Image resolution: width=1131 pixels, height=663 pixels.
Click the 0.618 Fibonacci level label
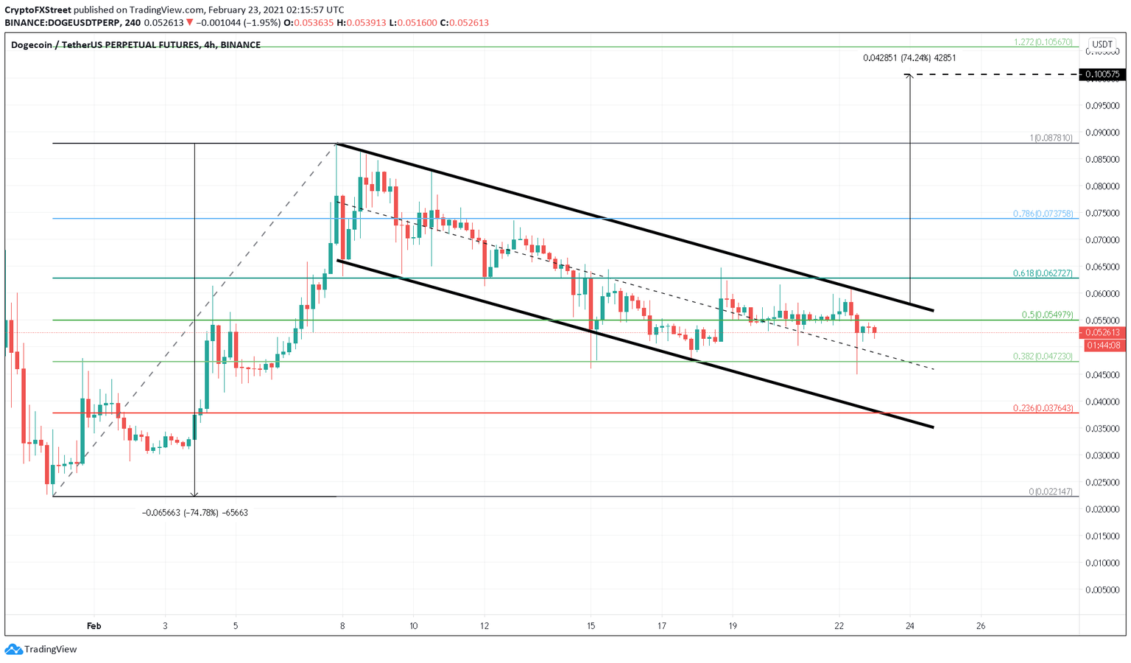[1042, 273]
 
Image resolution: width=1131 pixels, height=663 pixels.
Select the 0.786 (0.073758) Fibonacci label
[1042, 214]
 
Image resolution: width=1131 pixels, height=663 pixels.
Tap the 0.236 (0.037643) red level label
[1042, 408]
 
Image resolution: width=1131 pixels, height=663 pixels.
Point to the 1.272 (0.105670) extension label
[1043, 42]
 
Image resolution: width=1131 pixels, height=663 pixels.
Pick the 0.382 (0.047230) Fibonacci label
[1042, 357]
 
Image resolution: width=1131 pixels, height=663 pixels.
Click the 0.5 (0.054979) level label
[1046, 315]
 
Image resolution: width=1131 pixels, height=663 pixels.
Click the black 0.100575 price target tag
[1102, 74]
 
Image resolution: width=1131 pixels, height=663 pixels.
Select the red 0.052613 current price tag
[1102, 332]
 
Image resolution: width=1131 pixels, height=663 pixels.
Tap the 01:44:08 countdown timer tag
[1102, 345]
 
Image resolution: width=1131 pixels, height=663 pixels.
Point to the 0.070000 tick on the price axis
[1102, 240]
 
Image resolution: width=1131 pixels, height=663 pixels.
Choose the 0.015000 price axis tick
[1102, 536]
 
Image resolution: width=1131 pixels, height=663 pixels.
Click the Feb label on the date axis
[94, 626]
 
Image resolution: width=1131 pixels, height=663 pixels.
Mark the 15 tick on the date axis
[591, 626]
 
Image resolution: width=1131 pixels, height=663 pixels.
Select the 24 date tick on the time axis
[910, 626]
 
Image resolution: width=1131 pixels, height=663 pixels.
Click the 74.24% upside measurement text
[909, 57]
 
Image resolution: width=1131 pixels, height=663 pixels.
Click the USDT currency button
[1102, 44]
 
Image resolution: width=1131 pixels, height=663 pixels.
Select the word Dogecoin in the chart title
[32, 45]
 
